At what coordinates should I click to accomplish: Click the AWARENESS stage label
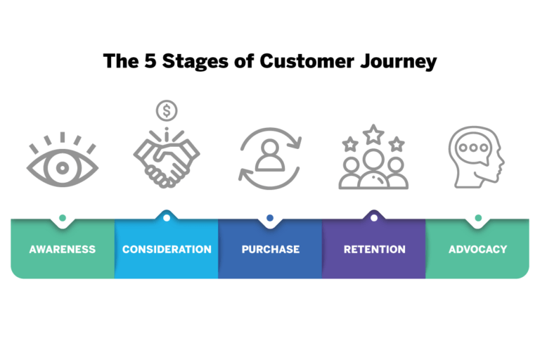tap(63, 249)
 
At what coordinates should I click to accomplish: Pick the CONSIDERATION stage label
tap(167, 249)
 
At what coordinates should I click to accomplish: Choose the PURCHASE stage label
tap(270, 249)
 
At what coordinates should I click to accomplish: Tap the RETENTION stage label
tap(374, 249)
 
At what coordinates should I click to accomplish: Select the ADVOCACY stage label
tap(478, 249)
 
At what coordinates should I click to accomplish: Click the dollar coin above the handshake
tap(167, 110)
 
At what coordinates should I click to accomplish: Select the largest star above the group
tap(373, 134)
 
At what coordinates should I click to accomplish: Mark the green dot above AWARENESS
tap(63, 218)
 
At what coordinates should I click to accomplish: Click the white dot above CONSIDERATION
tap(167, 218)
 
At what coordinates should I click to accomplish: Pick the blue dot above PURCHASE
tap(270, 218)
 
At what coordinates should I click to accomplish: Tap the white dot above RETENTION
tap(374, 218)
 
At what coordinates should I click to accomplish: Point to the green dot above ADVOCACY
tap(478, 218)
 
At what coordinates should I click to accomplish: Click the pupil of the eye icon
tap(63, 168)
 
